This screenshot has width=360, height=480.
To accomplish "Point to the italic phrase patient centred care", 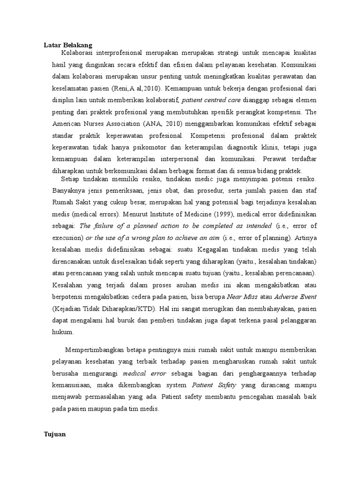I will click(x=204, y=100).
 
